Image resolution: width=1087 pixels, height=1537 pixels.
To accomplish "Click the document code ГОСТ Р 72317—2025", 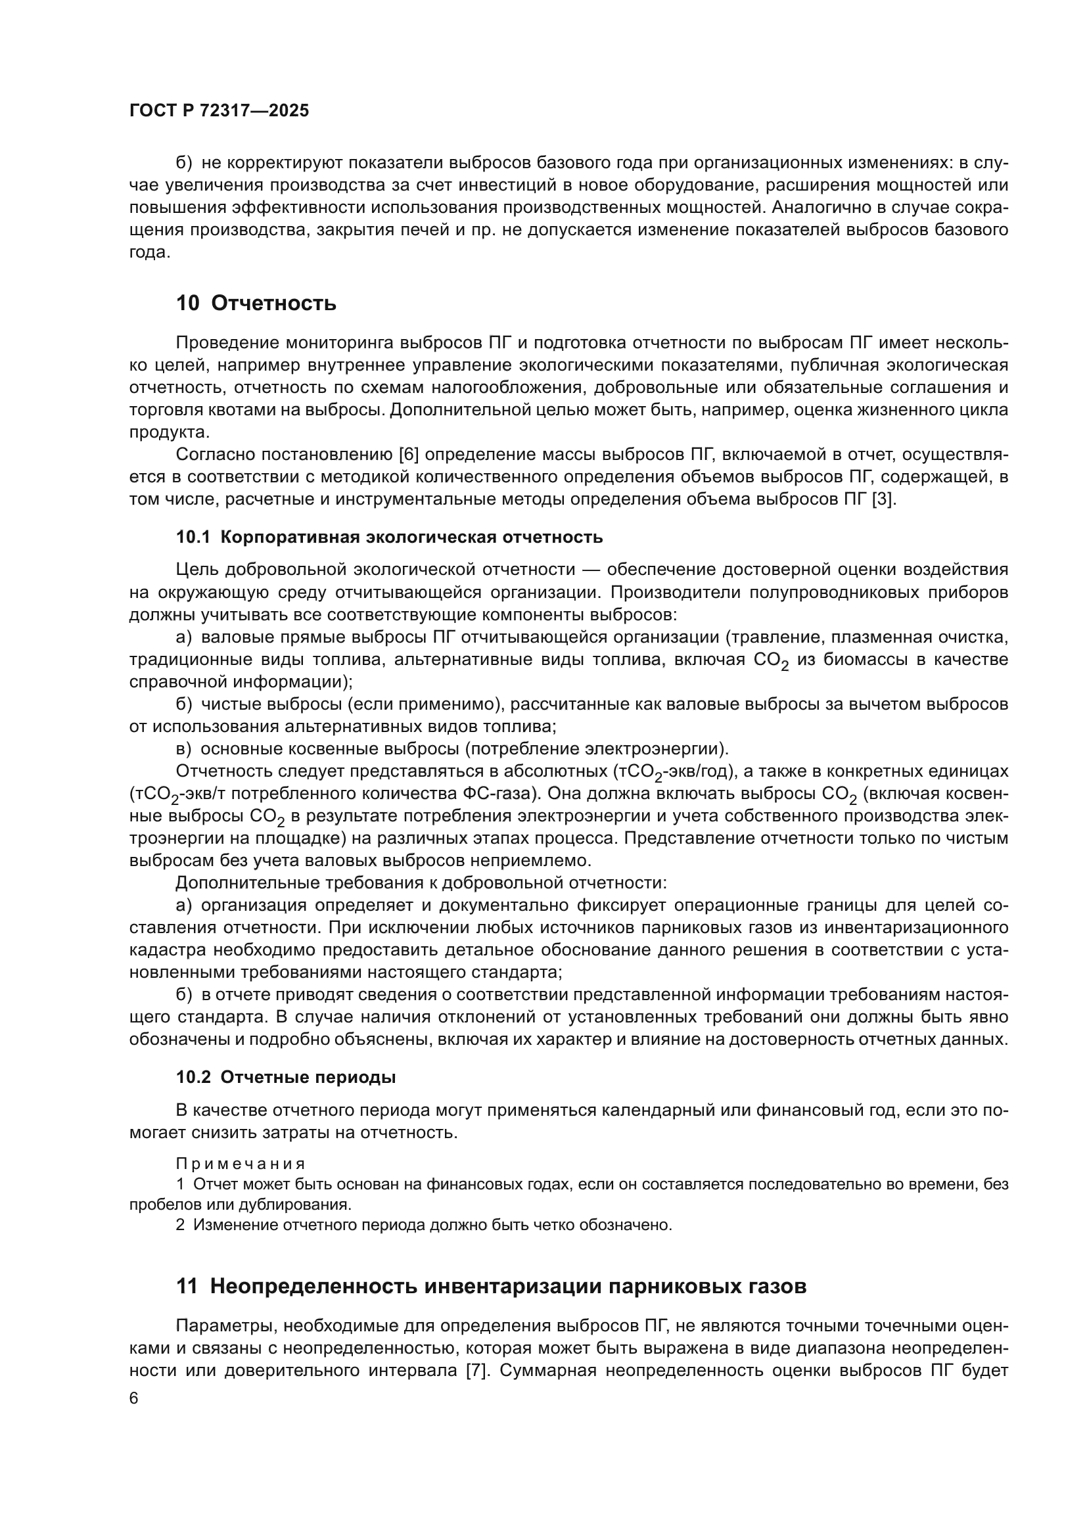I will coord(219,111).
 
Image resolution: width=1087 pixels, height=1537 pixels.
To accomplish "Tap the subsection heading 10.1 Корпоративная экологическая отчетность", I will coord(389,537).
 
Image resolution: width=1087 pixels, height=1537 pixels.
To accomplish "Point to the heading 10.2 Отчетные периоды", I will coord(286,1077).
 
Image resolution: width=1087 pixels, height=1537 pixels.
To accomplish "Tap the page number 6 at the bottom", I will coord(134,1398).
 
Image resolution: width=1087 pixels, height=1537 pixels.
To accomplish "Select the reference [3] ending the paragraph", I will coord(883,499).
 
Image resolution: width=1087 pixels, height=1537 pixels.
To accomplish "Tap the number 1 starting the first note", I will coord(180,1183).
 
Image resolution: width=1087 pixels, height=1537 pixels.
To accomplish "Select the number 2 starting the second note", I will coord(180,1224).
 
